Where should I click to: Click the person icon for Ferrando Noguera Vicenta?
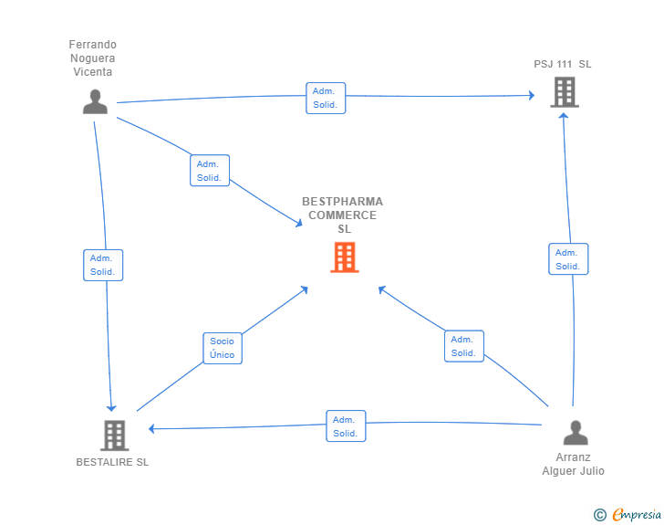(95, 101)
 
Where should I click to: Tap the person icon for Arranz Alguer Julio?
(575, 432)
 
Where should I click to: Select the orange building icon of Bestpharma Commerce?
(344, 257)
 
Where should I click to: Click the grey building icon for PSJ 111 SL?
(565, 91)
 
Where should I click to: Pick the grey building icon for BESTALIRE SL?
(114, 436)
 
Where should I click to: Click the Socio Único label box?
(222, 348)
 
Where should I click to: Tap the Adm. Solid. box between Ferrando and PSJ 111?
(326, 98)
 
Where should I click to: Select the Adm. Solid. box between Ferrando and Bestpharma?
(210, 171)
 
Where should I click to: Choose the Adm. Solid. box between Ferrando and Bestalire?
(102, 265)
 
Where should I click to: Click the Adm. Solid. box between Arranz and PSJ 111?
(568, 259)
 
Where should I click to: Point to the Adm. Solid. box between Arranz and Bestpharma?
(463, 346)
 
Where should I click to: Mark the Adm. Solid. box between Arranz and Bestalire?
(346, 426)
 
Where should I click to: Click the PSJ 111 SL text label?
(563, 64)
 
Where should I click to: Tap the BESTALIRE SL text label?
(112, 462)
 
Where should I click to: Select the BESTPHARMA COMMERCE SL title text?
(343, 215)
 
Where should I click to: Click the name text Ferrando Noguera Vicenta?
(93, 58)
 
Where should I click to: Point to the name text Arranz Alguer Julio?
(574, 465)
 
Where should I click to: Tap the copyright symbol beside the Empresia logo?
(600, 515)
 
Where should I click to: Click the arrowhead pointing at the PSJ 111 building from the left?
(531, 95)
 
